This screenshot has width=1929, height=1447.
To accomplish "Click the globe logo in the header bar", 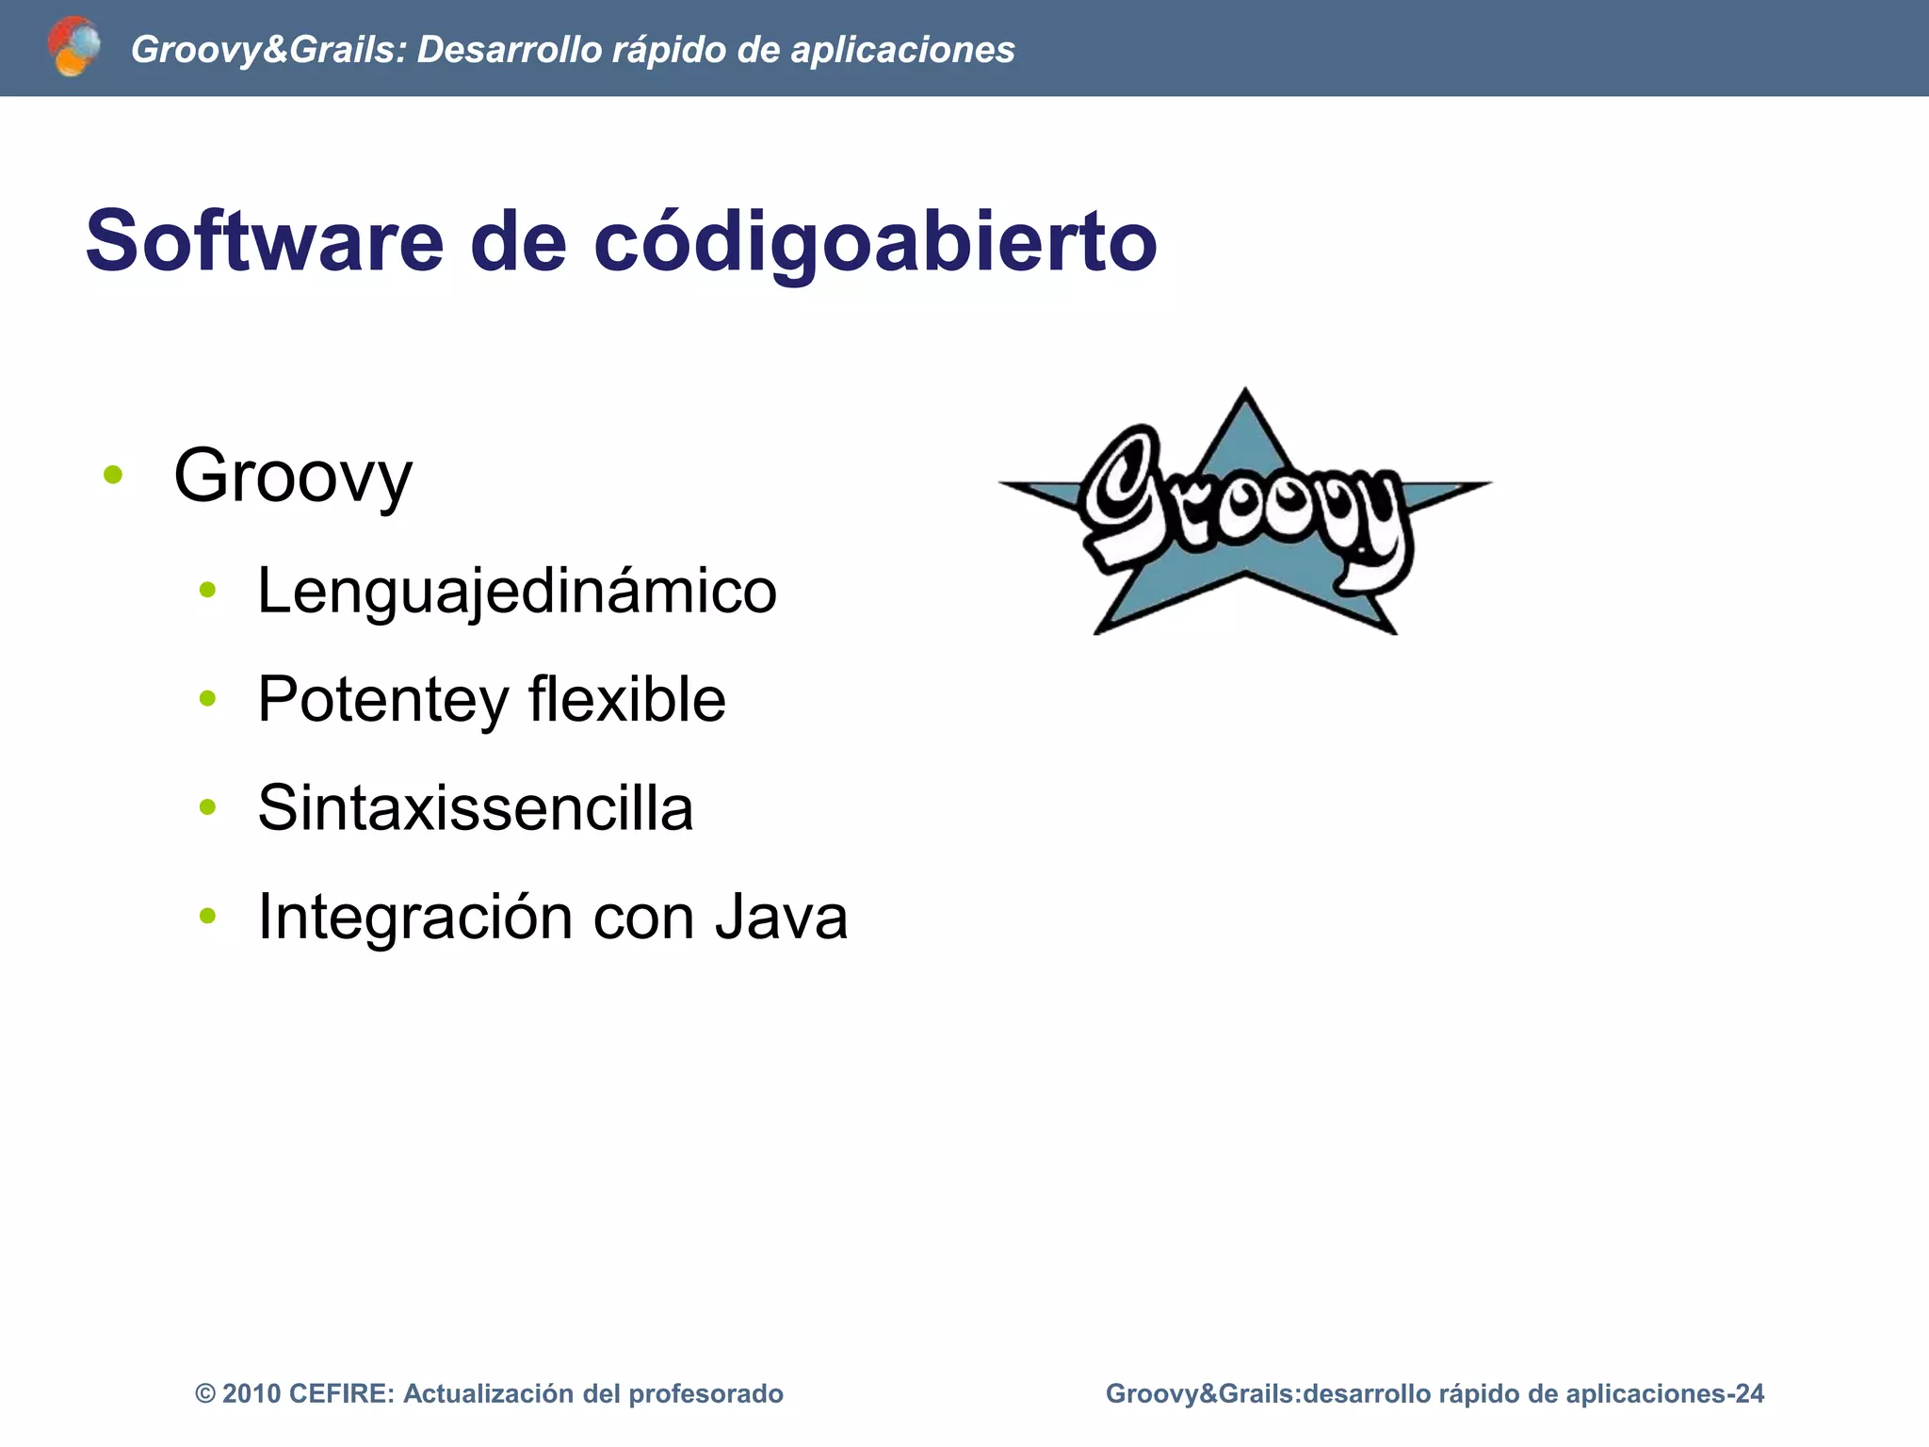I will pyautogui.click(x=73, y=46).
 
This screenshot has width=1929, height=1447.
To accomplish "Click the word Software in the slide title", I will pyautogui.click(x=265, y=241).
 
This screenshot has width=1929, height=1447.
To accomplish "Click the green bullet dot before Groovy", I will pyautogui.click(x=113, y=475).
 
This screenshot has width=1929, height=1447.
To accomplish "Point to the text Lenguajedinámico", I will pyautogui.click(x=517, y=592).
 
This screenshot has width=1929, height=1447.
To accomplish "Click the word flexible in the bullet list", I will pyautogui.click(x=626, y=700).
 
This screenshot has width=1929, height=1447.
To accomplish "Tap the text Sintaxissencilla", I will pyautogui.click(x=476, y=808).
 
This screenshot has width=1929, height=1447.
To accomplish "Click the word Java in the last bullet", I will pyautogui.click(x=781, y=917).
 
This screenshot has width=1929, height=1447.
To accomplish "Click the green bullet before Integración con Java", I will pyautogui.click(x=208, y=915).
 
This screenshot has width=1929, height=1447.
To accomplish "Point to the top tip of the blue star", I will pyautogui.click(x=1245, y=391).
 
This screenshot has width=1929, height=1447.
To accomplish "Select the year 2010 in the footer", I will pyautogui.click(x=251, y=1394).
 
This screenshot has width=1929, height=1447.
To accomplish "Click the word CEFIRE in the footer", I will pyautogui.click(x=341, y=1394).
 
